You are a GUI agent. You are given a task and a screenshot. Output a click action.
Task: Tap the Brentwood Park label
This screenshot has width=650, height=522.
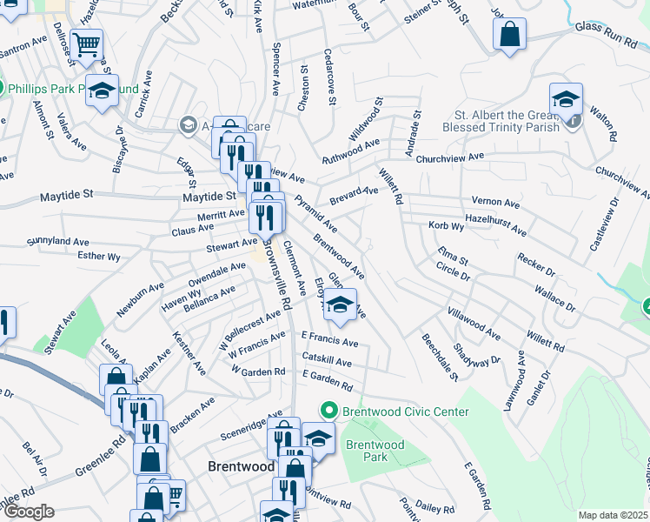tap(375, 451)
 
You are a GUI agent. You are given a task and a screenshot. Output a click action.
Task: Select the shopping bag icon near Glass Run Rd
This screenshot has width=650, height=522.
tap(509, 36)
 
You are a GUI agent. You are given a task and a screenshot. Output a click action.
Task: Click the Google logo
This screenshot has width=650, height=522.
tap(29, 512)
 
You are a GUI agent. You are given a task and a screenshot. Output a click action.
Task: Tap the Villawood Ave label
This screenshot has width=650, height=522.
tap(474, 321)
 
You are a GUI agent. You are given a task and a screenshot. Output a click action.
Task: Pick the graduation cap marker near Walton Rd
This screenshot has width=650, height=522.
tap(566, 98)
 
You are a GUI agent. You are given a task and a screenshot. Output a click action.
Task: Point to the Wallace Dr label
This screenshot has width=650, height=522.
tap(554, 297)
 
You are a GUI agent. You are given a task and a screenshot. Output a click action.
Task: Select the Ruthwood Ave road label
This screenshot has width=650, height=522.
tap(351, 151)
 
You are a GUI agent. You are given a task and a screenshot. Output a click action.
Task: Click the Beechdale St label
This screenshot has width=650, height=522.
tap(440, 358)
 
